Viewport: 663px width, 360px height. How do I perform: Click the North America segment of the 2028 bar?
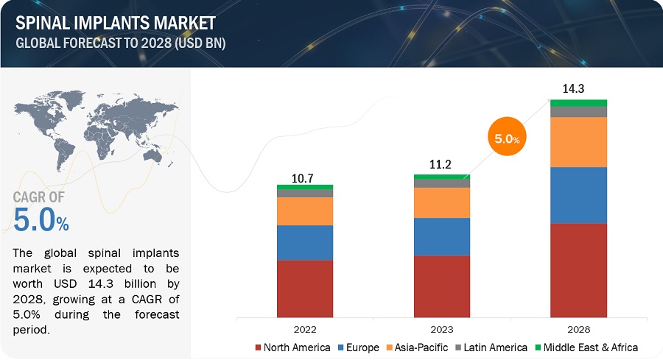[578, 270]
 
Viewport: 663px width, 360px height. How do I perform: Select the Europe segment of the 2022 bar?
[305, 242]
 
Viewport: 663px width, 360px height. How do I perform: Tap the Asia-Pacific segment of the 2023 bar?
[442, 202]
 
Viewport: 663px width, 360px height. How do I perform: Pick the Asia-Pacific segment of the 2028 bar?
[578, 142]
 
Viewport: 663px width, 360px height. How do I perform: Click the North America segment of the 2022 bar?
[305, 289]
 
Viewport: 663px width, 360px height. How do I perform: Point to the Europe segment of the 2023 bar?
[442, 236]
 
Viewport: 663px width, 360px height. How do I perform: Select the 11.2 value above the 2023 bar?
[442, 166]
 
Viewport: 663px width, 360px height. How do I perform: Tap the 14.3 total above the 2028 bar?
[578, 90]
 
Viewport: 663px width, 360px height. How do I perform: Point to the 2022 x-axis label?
[305, 330]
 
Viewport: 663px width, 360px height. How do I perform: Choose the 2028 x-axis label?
[578, 330]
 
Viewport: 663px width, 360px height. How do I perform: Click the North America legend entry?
[292, 347]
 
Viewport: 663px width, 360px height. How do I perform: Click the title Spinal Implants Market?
[116, 23]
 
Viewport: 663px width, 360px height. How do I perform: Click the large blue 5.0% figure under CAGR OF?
[41, 220]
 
